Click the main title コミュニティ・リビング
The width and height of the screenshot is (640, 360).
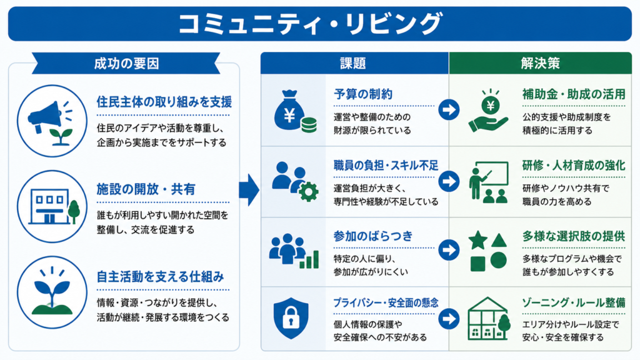(311, 24)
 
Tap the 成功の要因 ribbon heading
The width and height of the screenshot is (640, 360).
(126, 64)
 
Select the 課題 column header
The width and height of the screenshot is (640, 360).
(354, 64)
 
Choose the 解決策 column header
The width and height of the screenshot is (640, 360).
(540, 64)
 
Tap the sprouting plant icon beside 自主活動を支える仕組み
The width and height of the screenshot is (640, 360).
(52, 291)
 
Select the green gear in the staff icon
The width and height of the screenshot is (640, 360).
(309, 191)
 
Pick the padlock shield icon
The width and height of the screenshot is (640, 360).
(291, 319)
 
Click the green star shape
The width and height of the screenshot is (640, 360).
(478, 240)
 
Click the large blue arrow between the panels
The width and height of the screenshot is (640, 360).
(249, 190)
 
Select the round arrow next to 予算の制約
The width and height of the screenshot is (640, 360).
(449, 109)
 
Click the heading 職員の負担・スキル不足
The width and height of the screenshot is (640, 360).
(386, 165)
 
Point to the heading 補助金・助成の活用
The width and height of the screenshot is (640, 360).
(574, 94)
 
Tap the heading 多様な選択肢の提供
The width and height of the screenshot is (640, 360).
(574, 236)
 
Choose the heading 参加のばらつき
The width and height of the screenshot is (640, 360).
(373, 236)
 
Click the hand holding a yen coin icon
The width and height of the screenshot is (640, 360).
(489, 111)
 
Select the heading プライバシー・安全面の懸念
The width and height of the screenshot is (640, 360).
(386, 303)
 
